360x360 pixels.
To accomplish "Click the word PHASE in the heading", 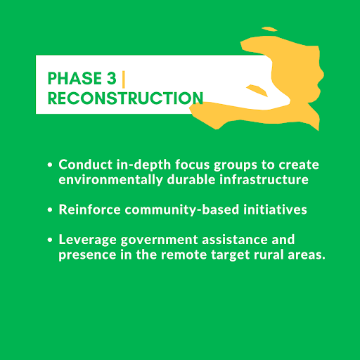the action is [75, 78].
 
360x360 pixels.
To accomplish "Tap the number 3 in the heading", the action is [112, 78].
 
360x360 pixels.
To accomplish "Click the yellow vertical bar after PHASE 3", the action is [124, 79].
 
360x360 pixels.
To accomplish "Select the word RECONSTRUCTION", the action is [125, 98].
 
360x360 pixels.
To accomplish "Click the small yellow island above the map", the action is [269, 29].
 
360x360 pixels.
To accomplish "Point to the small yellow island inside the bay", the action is [257, 90].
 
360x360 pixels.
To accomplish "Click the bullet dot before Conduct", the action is [50, 165].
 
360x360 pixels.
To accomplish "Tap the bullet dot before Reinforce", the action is [50, 210].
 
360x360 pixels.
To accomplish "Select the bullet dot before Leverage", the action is [50, 240].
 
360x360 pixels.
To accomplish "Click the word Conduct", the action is [85, 165].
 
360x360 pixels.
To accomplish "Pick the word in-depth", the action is [143, 165].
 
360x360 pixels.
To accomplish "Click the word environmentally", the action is [110, 180].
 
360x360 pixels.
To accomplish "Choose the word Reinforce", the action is [89, 210].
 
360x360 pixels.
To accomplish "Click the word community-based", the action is [182, 210].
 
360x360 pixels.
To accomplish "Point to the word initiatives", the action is [275, 210].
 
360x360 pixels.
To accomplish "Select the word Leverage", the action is [87, 240].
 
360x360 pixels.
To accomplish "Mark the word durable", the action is [191, 179].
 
